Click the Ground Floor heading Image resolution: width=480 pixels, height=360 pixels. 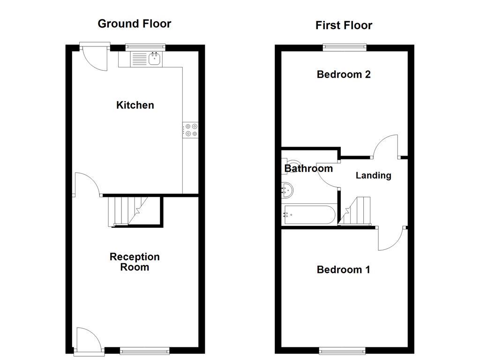[x=134, y=23]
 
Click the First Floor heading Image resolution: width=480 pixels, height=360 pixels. [x=344, y=25]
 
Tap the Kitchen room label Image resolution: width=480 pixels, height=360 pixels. [x=135, y=105]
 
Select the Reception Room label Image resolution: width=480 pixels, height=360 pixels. [x=135, y=262]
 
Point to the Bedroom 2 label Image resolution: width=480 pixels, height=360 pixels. [x=344, y=74]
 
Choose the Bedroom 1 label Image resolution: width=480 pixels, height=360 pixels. [x=344, y=270]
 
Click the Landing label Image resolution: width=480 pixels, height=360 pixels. [x=373, y=175]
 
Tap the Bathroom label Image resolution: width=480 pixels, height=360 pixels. [x=308, y=168]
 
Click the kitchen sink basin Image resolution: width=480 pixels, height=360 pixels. [x=154, y=59]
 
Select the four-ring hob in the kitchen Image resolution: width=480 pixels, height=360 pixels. [x=191, y=130]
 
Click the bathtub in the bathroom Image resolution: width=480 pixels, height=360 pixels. [x=309, y=215]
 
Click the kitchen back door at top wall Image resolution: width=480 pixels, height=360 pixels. [x=94, y=57]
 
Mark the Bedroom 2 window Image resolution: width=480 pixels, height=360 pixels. [x=344, y=46]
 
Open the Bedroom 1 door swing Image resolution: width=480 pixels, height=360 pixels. [x=390, y=239]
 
